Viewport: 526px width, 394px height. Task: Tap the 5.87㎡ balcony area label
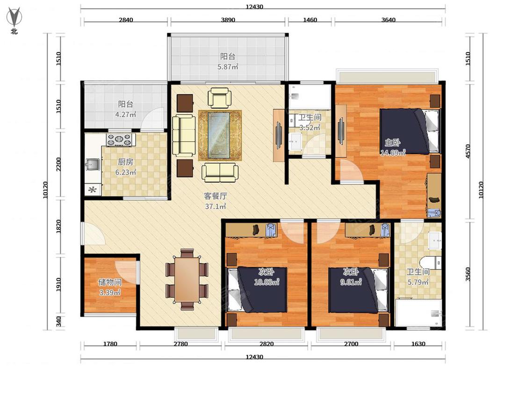(x=228, y=67)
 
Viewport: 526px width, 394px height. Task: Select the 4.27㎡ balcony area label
(x=125, y=114)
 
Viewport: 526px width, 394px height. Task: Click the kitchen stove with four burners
(x=119, y=140)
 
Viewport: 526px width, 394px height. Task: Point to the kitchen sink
(x=92, y=164)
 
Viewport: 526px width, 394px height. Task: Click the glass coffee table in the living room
(x=219, y=135)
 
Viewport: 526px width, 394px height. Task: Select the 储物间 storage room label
(x=110, y=282)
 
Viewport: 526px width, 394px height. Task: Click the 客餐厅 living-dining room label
(x=216, y=196)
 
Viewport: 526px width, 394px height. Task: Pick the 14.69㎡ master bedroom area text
(x=393, y=153)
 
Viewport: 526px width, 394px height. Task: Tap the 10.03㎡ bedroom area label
(x=267, y=282)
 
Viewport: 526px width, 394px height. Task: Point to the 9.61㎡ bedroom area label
(x=351, y=282)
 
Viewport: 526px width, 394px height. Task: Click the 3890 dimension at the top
(x=228, y=20)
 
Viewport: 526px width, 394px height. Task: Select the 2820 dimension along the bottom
(x=267, y=344)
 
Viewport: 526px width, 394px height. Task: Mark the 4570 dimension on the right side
(x=468, y=151)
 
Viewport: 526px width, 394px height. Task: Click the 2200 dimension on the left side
(x=59, y=164)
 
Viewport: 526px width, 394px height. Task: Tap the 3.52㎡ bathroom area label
(x=310, y=127)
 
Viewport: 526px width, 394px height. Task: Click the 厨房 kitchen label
(x=125, y=162)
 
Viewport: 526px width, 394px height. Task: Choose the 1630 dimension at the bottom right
(x=418, y=344)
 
